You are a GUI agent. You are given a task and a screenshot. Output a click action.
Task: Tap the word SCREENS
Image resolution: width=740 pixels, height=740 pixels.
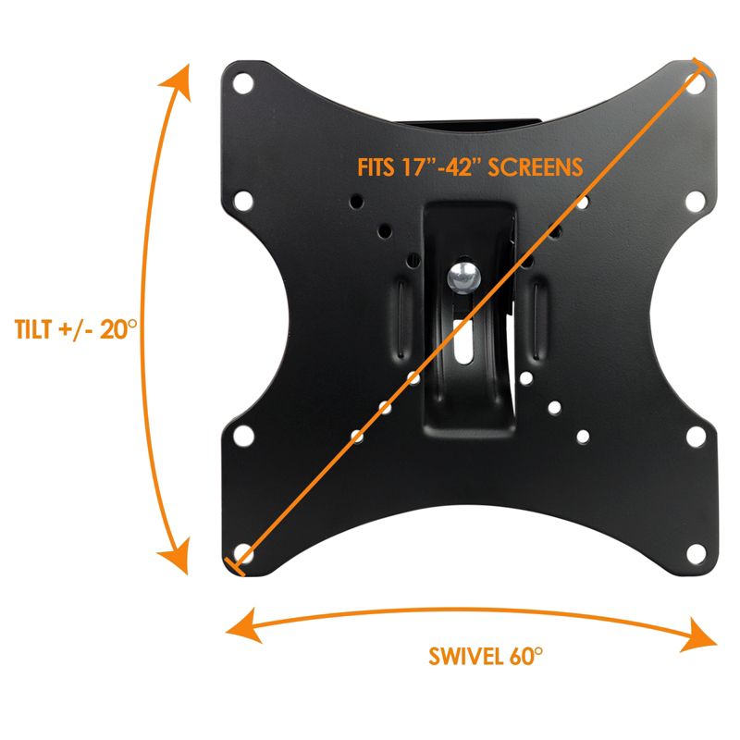coord(541,168)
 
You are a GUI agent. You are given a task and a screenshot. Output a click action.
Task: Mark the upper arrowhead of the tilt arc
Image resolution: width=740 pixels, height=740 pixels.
coord(176,81)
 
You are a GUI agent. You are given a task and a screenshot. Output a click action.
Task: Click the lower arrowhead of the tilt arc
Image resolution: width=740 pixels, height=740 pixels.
coord(176,560)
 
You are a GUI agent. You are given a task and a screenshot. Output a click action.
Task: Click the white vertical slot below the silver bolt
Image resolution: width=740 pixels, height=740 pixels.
coord(462,341)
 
